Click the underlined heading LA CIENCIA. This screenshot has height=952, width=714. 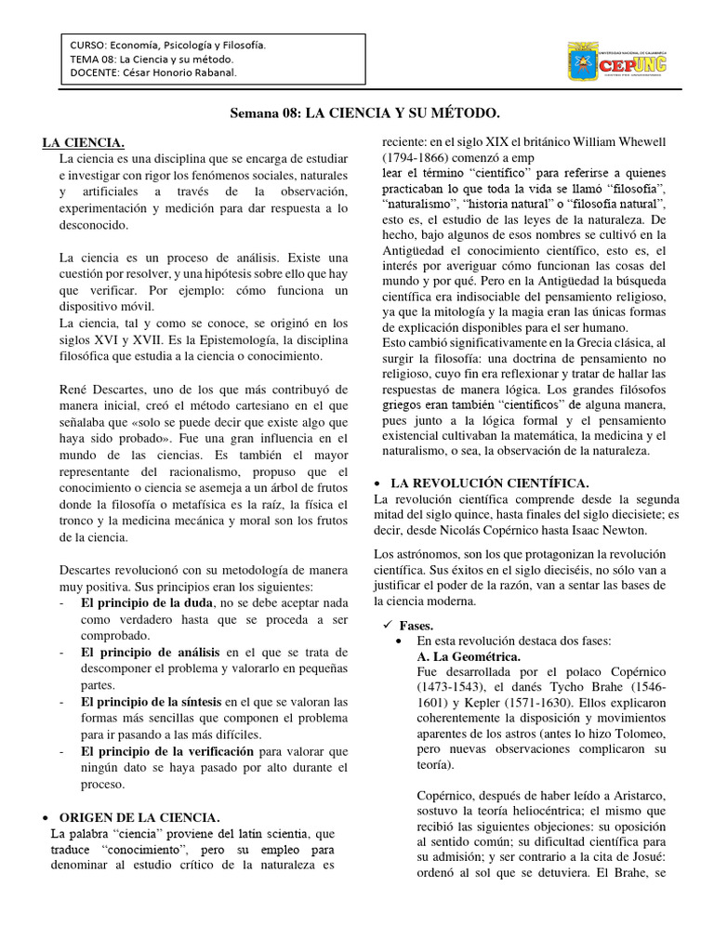pos(84,142)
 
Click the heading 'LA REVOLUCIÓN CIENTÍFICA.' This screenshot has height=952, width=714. pos(489,483)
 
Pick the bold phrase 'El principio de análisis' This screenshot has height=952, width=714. pos(150,652)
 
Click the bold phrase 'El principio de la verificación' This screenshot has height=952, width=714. pos(167,750)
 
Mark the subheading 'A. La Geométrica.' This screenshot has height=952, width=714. pos(469,656)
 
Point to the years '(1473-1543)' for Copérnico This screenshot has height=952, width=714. pos(450,689)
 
